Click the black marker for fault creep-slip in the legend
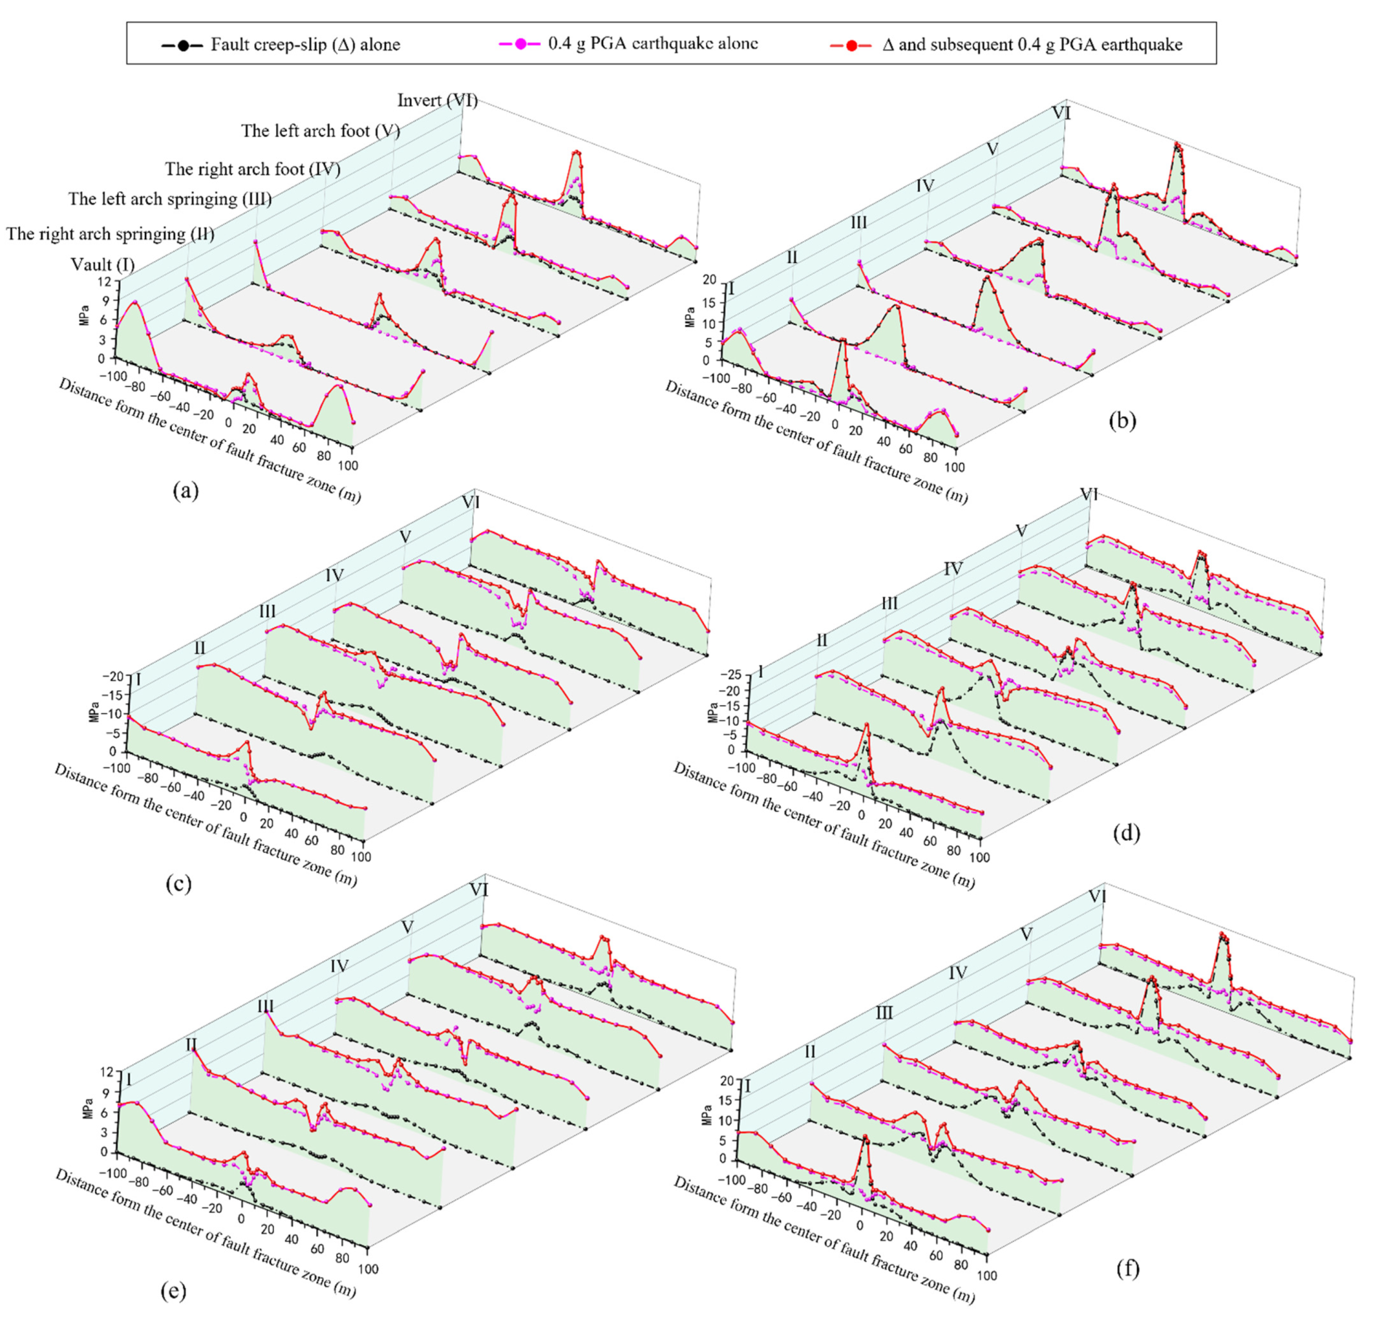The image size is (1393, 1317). tap(183, 46)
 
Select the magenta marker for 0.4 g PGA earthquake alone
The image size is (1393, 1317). tap(520, 44)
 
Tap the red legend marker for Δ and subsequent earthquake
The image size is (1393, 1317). tap(851, 46)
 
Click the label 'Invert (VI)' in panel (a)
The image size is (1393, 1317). tap(437, 100)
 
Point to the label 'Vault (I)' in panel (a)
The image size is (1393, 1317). tap(102, 265)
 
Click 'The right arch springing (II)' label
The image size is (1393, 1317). tap(110, 234)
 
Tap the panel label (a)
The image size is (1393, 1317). tap(186, 490)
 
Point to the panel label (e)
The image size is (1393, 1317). tap(174, 1290)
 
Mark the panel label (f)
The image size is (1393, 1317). tap(1126, 1268)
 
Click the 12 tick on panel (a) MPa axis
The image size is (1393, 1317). tap(105, 283)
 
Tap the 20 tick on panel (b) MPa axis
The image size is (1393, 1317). tap(710, 280)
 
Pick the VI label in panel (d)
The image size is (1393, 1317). tap(1088, 495)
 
